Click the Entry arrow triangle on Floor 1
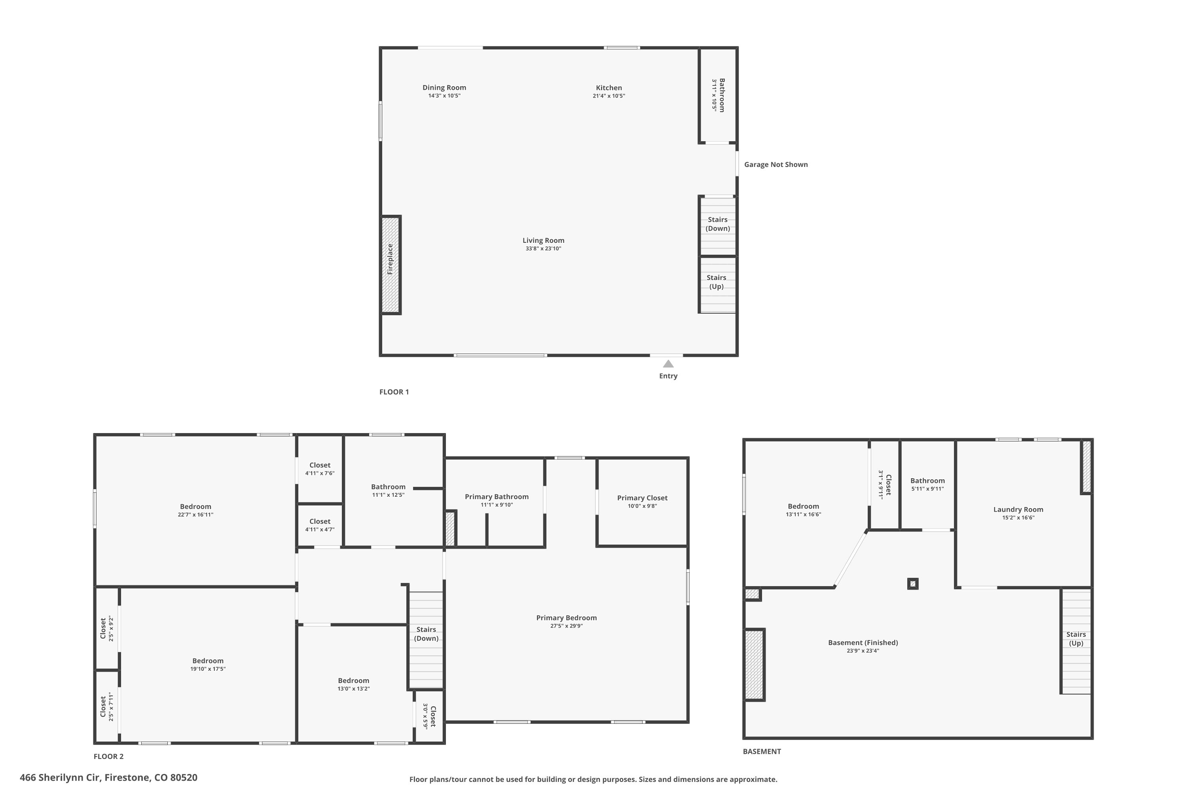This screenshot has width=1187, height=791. click(668, 364)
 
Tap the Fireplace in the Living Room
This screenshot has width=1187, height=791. click(391, 265)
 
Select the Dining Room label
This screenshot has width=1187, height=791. click(444, 88)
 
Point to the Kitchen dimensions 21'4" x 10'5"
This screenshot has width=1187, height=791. click(609, 96)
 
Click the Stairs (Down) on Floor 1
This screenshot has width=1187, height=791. click(718, 225)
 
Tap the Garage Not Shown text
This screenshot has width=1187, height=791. click(776, 165)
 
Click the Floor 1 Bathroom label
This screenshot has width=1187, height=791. click(722, 95)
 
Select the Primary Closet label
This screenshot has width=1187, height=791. click(642, 498)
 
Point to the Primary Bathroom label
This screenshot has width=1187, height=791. click(497, 497)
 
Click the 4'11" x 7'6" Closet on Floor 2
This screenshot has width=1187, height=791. click(320, 469)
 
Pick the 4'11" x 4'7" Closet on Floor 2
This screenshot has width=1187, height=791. click(320, 525)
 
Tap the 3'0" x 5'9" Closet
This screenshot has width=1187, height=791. click(429, 716)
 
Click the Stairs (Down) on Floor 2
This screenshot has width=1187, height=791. click(426, 640)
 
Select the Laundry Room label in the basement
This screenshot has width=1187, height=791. click(1018, 509)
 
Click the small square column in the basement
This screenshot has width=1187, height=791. click(912, 584)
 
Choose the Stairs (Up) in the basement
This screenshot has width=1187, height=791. click(1076, 641)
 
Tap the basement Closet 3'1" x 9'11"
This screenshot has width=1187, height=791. click(885, 485)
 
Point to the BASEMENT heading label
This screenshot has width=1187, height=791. click(762, 751)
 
